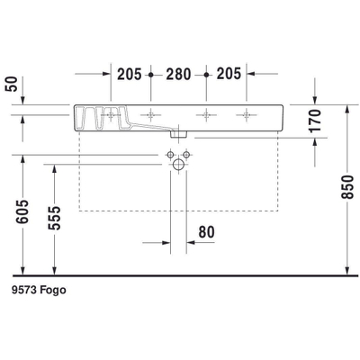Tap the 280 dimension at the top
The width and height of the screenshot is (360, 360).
(x=179, y=74)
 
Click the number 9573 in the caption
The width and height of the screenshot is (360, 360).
(x=27, y=291)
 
